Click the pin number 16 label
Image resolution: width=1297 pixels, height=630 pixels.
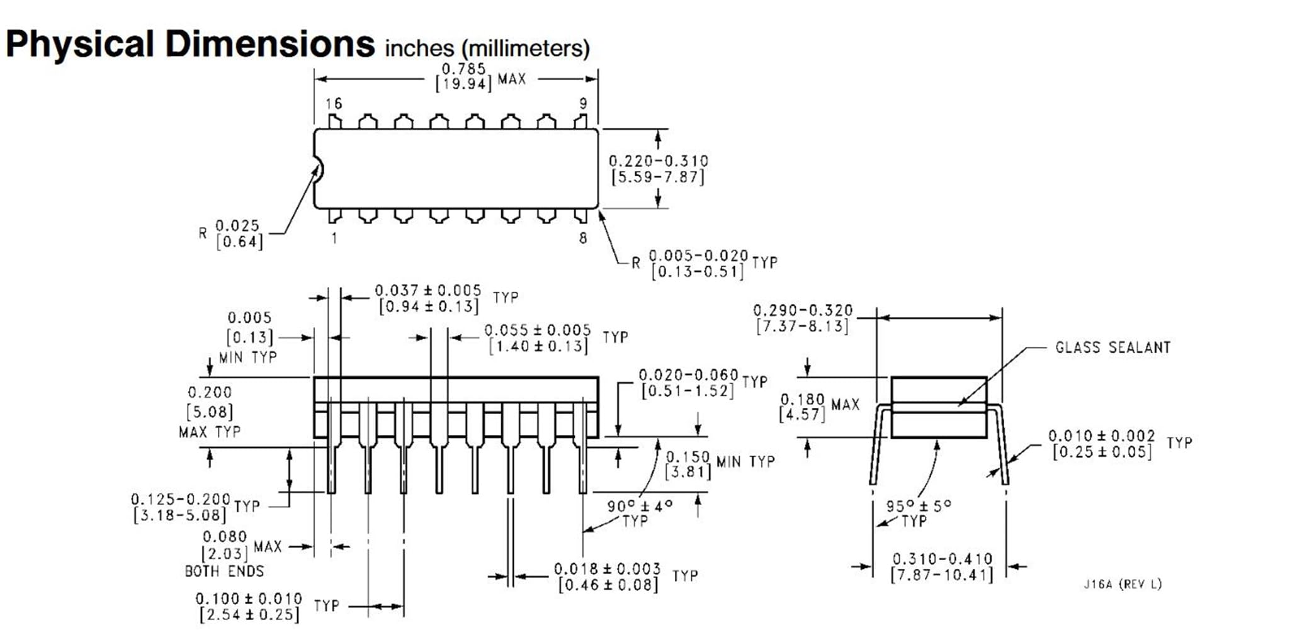click(x=334, y=104)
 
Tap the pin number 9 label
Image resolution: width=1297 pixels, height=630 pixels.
click(x=583, y=104)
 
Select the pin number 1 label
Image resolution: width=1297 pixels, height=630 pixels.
click(x=334, y=239)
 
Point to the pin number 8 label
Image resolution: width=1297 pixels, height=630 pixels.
click(x=583, y=239)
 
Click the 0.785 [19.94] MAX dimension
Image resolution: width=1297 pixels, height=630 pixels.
click(x=463, y=77)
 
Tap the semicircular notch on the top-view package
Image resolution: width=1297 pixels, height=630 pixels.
click(x=318, y=169)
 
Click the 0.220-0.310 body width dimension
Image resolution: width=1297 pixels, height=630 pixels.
click(x=658, y=169)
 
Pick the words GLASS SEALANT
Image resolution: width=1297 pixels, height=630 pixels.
click(x=1113, y=347)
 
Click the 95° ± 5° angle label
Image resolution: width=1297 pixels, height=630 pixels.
click(x=919, y=506)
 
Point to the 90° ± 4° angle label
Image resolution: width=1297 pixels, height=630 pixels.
click(x=640, y=506)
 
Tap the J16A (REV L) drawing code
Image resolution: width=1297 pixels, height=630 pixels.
click(x=1122, y=585)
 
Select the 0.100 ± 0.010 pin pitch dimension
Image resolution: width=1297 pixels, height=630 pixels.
click(x=249, y=607)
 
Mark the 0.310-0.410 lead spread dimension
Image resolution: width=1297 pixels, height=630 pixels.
click(x=942, y=566)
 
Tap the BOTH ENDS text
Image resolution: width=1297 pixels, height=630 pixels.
click(x=224, y=571)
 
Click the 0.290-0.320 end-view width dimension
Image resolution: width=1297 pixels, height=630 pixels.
click(x=803, y=318)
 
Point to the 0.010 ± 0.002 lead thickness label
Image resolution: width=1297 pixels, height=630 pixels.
click(x=1101, y=444)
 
